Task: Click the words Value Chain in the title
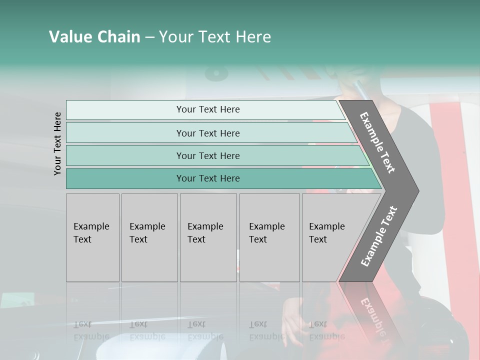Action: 94,37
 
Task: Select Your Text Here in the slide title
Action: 215,37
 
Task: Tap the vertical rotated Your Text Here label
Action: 57,143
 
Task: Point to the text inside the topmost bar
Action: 208,109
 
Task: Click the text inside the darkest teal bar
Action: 208,178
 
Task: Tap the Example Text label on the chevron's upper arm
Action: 377,142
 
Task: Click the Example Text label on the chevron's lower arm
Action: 379,236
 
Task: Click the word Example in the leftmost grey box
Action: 91,226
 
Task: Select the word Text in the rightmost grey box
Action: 318,239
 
